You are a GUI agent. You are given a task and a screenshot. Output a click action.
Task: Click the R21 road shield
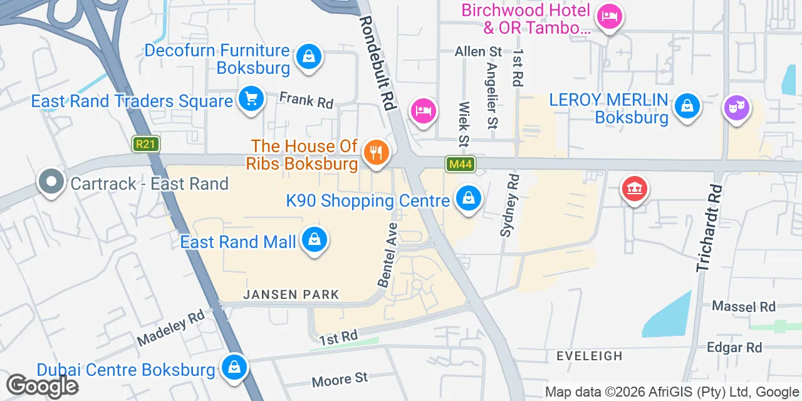point(146,144)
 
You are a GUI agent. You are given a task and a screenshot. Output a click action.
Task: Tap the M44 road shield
point(461,165)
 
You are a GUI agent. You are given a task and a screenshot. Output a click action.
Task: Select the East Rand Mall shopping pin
point(314,241)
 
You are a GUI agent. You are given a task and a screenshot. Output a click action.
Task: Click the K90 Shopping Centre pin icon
point(468,199)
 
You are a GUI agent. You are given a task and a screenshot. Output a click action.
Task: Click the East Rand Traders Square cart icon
point(251,99)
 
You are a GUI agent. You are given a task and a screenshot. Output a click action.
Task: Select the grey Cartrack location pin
point(51,182)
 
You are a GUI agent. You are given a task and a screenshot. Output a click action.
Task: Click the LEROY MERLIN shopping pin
point(687,107)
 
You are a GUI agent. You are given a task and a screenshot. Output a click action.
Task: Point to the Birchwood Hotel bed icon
point(609,16)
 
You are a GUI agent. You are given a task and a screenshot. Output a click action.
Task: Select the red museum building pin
point(634,189)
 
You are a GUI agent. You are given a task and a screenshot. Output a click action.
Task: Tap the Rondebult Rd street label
point(378,63)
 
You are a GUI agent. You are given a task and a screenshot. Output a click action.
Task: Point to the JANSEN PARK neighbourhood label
point(291,294)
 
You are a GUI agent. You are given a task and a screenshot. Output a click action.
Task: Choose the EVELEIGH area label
point(590,356)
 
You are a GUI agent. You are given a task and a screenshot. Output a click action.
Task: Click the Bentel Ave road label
point(388,255)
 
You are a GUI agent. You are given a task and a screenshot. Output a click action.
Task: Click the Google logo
point(42,386)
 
